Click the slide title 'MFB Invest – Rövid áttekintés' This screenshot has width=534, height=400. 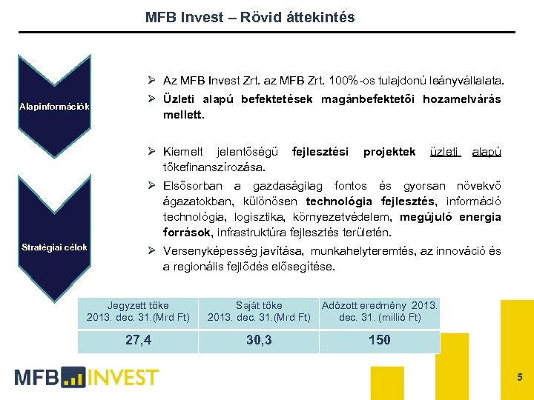[x=250, y=17]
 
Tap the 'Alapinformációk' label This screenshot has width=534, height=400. [x=55, y=107]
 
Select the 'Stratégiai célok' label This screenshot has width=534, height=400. [x=55, y=247]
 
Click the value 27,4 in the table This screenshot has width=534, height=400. [x=139, y=341]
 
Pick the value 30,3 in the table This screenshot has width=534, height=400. [x=259, y=341]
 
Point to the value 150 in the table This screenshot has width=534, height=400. [x=379, y=341]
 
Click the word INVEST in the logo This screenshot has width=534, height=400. [x=122, y=378]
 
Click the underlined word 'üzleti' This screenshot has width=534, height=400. [x=446, y=152]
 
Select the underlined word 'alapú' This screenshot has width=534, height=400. [x=487, y=152]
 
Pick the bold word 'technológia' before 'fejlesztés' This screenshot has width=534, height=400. [x=341, y=201]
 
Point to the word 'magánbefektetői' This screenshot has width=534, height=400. [x=368, y=99]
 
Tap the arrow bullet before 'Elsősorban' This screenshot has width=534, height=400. [x=150, y=185]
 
